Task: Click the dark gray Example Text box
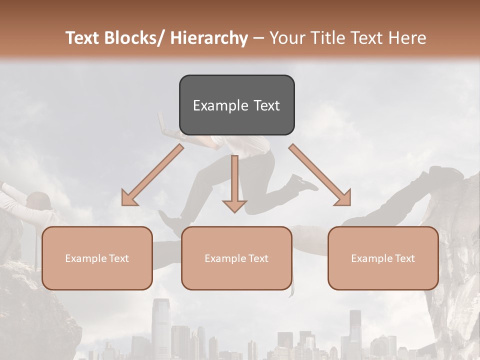tap(236, 105)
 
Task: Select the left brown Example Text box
tap(97, 258)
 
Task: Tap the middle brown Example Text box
tap(236, 258)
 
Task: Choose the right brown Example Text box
tap(383, 258)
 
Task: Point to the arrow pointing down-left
tap(152, 175)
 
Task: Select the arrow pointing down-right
tap(320, 175)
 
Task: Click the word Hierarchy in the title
tap(209, 38)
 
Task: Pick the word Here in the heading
tap(409, 38)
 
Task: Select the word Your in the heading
tap(286, 38)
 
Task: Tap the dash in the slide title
tap(258, 38)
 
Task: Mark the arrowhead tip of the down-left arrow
tap(123, 204)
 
